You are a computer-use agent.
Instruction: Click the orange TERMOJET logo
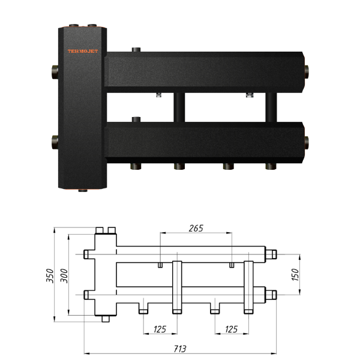(x=83, y=51)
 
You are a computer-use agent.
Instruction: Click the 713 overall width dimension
(x=180, y=349)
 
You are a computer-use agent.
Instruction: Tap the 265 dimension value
(x=196, y=229)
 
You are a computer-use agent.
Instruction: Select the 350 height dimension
(x=50, y=276)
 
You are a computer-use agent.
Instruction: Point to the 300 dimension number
(x=64, y=276)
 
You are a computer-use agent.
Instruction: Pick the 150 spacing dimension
(x=295, y=274)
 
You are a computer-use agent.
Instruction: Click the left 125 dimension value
(x=160, y=329)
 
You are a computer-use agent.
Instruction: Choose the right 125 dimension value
(x=232, y=329)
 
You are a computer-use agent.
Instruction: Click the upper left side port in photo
(x=55, y=72)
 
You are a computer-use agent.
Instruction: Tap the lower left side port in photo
(x=55, y=142)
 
